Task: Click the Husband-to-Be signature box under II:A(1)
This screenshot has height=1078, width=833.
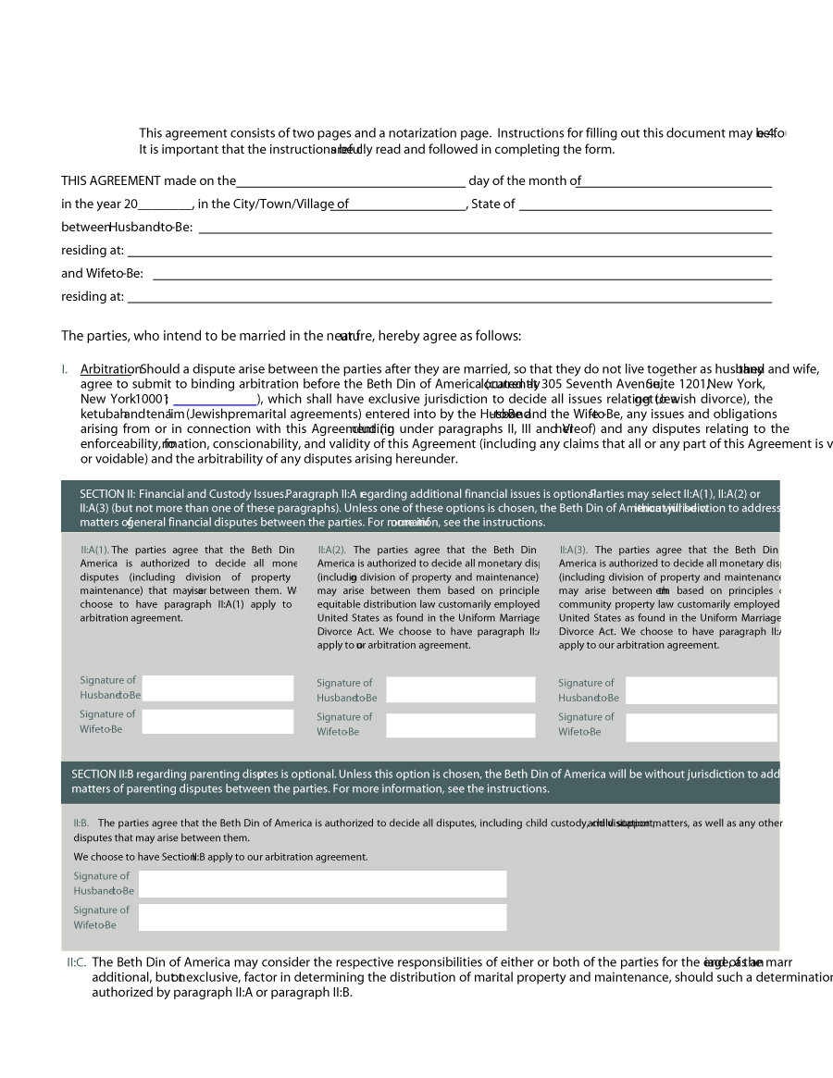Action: (x=218, y=688)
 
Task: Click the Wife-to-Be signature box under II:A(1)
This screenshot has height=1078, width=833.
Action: (x=218, y=722)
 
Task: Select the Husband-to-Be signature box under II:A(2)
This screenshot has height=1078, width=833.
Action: (x=460, y=689)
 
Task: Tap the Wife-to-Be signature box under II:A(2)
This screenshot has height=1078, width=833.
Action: (x=460, y=725)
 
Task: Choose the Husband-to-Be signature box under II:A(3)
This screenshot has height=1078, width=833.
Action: (x=701, y=690)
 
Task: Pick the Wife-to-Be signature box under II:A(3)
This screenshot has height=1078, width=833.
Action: (x=701, y=727)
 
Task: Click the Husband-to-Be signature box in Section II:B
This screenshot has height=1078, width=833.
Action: (x=322, y=884)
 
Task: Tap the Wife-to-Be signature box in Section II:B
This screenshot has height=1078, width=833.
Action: (x=322, y=917)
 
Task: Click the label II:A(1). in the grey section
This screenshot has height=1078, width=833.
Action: (x=94, y=550)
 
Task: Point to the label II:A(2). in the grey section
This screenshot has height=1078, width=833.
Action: (x=331, y=550)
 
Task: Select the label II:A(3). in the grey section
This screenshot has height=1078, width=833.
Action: (x=573, y=550)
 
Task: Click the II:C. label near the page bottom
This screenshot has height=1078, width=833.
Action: (x=76, y=963)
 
